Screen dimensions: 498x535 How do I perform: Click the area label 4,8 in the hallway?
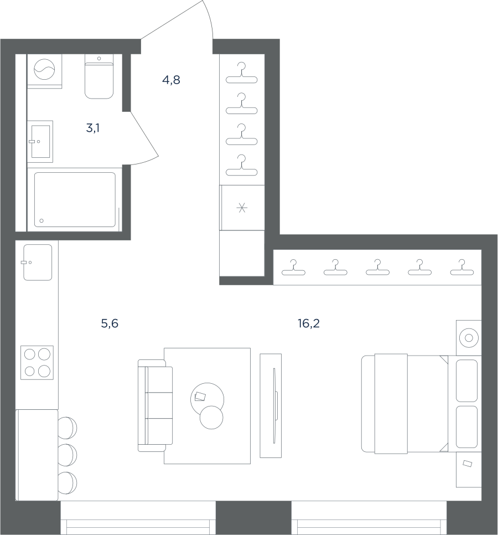point(171,80)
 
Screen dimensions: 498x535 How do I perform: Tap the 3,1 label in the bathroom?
point(93,128)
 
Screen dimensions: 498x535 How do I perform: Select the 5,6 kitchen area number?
point(110,323)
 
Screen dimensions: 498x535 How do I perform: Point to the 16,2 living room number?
point(308,323)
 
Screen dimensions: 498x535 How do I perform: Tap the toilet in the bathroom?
point(99,77)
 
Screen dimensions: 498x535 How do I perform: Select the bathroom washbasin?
point(40,141)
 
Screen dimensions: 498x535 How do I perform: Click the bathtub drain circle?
point(41,221)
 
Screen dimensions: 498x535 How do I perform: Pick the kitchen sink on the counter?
point(38,263)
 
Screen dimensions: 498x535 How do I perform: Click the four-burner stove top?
point(37,363)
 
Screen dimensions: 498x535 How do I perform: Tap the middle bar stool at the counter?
point(67,455)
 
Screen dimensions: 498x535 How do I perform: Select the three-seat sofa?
point(155,406)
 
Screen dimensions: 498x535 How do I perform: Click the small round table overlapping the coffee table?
point(211,417)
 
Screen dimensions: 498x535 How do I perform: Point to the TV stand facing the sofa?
point(271,406)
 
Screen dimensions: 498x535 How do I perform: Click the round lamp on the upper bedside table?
point(469,338)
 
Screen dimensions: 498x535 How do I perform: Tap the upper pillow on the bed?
point(466,381)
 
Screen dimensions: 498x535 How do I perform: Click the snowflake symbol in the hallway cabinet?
point(242,208)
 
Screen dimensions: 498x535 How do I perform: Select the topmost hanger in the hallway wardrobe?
point(242,73)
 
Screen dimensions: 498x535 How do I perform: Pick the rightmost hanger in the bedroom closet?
point(462,267)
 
